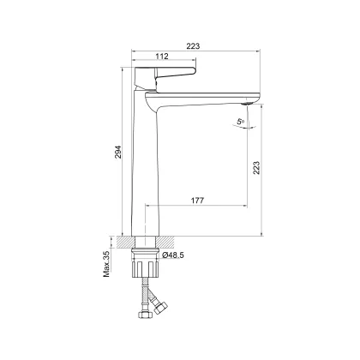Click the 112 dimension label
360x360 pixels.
[x=162, y=57]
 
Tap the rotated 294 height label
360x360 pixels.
[x=118, y=152]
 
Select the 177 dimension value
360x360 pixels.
[x=197, y=201]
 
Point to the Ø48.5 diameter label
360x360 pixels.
[x=173, y=255]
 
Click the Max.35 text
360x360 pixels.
[x=106, y=264]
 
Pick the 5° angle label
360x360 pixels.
[x=240, y=122]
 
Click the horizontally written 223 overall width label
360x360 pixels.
[x=193, y=45]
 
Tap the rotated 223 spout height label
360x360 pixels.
[x=256, y=168]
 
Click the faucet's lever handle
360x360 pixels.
[x=165, y=76]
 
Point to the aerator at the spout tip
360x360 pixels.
[x=247, y=103]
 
